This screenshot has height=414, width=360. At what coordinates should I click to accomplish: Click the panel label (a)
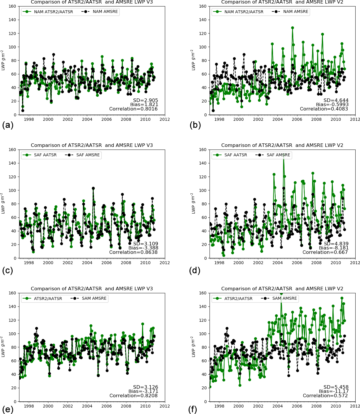coord(8,125)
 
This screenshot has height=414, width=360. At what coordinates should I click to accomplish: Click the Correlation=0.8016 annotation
coord(133,109)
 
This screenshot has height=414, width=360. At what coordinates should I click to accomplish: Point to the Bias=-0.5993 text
coord(332,105)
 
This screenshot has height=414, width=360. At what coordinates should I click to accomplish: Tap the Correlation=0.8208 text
coord(133,396)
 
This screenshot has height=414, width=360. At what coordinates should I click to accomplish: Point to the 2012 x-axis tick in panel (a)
coord(165,119)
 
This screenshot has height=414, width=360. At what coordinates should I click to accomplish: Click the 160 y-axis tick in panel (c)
coord(12,150)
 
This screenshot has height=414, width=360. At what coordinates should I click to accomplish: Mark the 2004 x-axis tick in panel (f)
coord(277,406)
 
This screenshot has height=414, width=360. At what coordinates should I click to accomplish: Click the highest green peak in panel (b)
coord(292,28)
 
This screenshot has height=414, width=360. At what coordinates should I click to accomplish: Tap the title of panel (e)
coord(92,289)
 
